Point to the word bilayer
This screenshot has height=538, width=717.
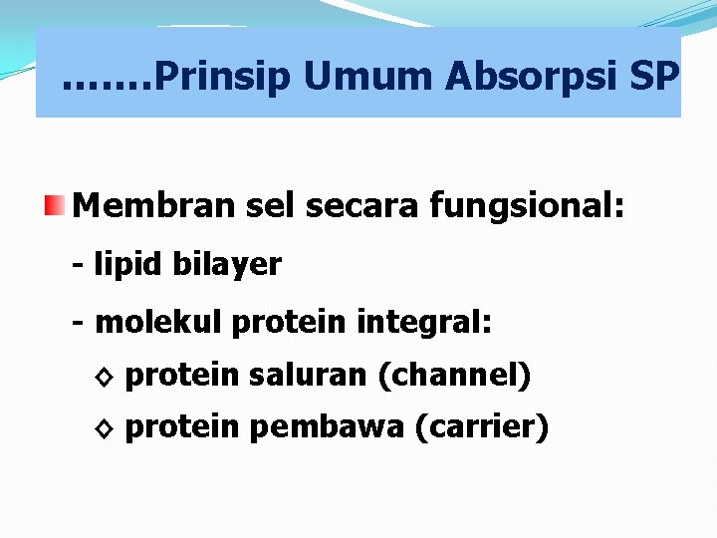227,266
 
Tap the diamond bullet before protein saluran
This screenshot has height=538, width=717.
106,377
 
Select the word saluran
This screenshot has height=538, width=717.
308,375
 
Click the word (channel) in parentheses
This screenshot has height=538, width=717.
454,376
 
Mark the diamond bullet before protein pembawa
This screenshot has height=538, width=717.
106,428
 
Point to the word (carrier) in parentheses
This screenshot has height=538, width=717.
481,427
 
